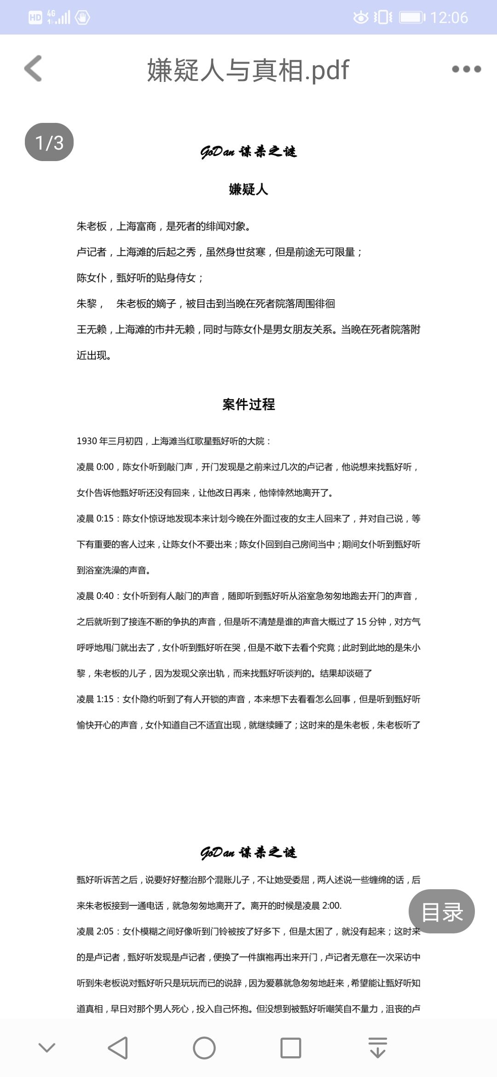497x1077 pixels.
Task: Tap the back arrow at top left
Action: click(x=33, y=69)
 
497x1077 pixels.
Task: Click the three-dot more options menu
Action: click(x=466, y=69)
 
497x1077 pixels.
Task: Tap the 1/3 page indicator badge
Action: click(x=49, y=142)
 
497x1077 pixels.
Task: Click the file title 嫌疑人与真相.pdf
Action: click(x=248, y=70)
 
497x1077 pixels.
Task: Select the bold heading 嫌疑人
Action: click(x=248, y=189)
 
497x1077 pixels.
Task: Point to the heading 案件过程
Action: click(x=248, y=405)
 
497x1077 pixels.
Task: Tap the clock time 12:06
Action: click(x=449, y=17)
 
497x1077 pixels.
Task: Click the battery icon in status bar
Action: click(x=412, y=17)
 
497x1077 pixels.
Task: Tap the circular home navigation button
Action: click(x=204, y=1048)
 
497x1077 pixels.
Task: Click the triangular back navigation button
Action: click(x=118, y=1048)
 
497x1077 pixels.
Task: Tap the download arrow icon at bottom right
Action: click(x=378, y=1048)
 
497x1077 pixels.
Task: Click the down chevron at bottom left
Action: click(x=47, y=1048)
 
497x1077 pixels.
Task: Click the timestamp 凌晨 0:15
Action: click(x=95, y=519)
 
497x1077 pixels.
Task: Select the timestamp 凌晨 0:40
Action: click(x=95, y=596)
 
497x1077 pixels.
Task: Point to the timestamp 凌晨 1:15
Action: click(x=95, y=699)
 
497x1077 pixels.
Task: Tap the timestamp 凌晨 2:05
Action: click(x=95, y=931)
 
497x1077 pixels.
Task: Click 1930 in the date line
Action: click(x=87, y=441)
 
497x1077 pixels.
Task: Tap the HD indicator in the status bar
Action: click(x=35, y=17)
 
